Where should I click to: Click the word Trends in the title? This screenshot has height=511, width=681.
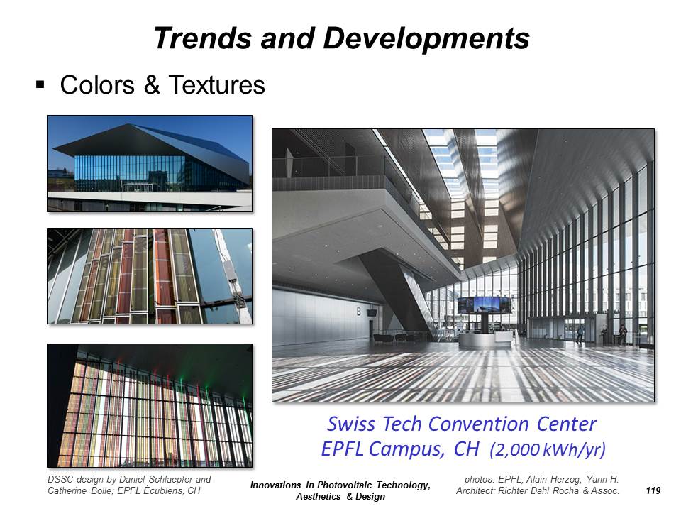click(x=202, y=38)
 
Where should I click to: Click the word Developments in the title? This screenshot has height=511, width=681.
click(x=426, y=38)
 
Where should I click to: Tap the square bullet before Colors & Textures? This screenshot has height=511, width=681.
click(x=40, y=84)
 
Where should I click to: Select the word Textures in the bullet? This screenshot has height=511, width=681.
click(x=217, y=84)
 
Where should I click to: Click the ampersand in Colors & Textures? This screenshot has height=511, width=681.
click(x=152, y=84)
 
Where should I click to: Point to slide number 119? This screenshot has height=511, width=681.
click(x=653, y=490)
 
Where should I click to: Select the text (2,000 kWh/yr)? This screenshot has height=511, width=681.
click(x=548, y=450)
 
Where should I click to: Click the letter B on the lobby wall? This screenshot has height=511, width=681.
click(x=359, y=311)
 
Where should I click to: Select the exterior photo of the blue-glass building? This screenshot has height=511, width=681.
click(x=150, y=163)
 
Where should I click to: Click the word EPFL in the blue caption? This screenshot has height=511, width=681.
click(x=342, y=449)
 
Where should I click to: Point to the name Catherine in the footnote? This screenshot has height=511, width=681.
click(x=65, y=490)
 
